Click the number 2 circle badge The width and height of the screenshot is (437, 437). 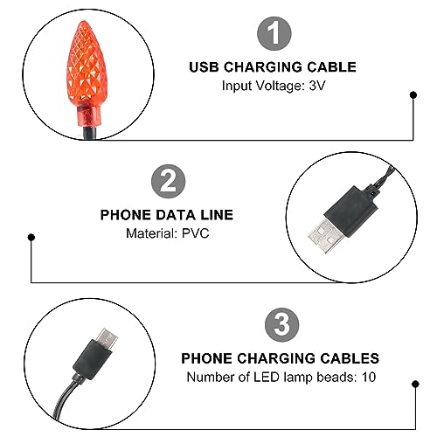tap(168, 182)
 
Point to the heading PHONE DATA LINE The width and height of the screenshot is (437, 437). tap(168, 213)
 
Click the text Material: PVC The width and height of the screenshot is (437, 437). tap(168, 233)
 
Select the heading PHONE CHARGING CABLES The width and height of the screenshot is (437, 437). tap(281, 358)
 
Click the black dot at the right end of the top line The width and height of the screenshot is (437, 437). tap(412, 99)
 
